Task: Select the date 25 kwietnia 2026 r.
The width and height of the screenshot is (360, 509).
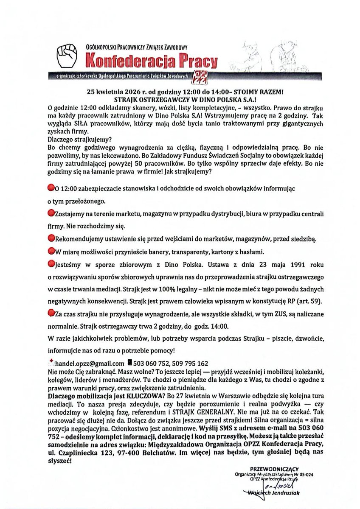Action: pos(112,91)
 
